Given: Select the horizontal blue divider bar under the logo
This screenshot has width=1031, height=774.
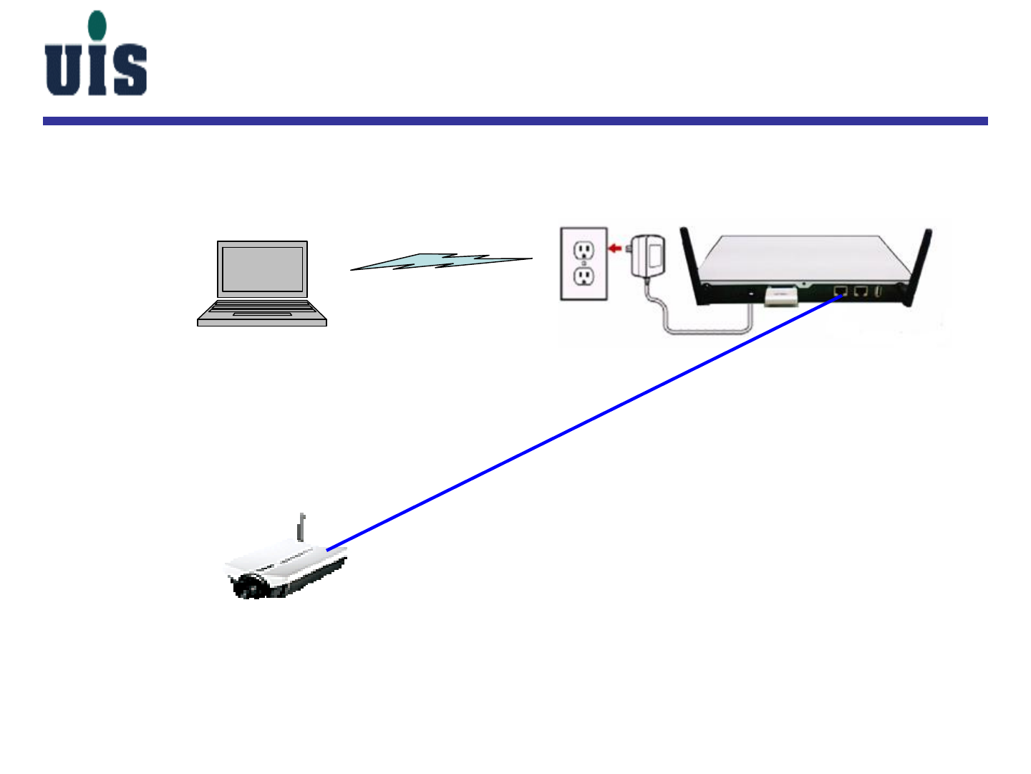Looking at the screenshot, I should click(515, 121).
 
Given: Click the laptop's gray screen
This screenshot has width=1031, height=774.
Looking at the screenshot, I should click(262, 269).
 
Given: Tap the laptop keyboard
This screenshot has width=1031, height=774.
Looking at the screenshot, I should click(262, 308).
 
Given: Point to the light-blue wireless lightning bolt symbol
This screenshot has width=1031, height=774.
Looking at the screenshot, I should click(440, 261).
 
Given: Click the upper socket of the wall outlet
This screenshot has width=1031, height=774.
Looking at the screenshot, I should click(584, 249).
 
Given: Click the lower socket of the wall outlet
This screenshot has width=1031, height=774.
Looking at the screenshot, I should click(584, 276).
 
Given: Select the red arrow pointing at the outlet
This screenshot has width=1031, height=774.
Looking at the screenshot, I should click(614, 248).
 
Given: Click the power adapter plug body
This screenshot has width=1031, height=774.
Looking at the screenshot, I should click(649, 255).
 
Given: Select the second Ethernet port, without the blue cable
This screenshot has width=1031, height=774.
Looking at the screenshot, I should click(861, 291).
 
